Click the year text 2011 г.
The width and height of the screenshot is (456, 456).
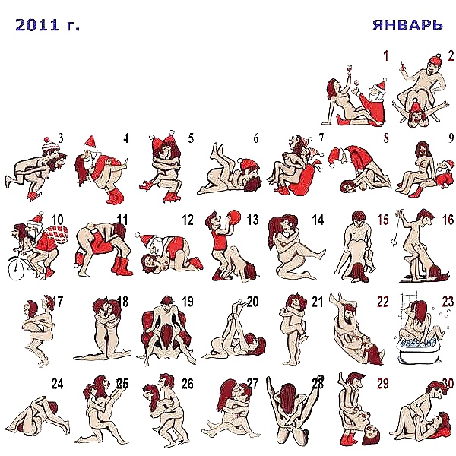click(47, 25)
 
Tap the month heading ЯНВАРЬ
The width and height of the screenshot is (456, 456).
click(407, 25)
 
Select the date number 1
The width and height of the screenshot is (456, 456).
click(386, 55)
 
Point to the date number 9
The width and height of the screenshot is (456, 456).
click(451, 138)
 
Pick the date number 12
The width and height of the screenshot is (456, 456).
click(188, 220)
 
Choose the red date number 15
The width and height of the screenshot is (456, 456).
click(383, 220)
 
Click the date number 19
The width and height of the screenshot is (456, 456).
click(188, 302)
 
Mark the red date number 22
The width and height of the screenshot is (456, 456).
click(383, 302)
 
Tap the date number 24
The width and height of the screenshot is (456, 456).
click(58, 384)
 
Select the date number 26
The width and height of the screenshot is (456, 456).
click(188, 384)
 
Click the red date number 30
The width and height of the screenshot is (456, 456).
click(448, 384)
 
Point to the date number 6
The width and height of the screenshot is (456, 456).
click(256, 138)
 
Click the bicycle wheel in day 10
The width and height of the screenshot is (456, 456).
click(16, 269)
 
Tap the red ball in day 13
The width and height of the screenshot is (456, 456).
click(235, 218)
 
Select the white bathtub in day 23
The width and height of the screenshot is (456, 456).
click(420, 351)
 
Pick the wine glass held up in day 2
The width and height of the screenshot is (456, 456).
click(404, 66)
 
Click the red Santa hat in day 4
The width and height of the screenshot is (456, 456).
click(91, 141)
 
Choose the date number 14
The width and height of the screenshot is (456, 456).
click(318, 220)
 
